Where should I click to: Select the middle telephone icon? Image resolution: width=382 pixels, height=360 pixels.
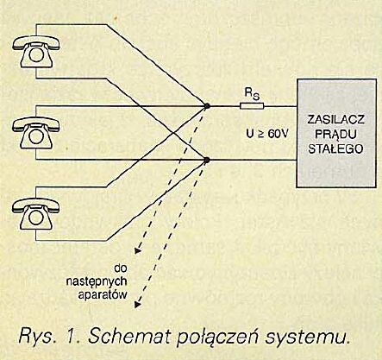36,133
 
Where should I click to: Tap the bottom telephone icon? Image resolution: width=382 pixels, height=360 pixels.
36,214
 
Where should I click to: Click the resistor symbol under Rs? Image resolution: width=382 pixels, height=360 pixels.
252,106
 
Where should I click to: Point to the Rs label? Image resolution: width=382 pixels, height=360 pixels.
252,94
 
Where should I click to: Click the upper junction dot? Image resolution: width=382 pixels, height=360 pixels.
207,106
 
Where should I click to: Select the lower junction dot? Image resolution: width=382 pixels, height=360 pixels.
206,160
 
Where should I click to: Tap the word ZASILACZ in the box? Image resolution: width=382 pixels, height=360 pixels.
336,119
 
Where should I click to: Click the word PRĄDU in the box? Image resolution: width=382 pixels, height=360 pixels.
336,135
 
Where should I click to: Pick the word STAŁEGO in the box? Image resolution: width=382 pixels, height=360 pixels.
336,149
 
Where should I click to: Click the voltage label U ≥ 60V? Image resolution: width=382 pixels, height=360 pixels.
267,134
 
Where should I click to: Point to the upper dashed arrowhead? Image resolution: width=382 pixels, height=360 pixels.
138,251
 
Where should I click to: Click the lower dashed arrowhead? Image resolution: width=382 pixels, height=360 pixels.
138,304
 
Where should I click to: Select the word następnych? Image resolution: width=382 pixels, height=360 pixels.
97,281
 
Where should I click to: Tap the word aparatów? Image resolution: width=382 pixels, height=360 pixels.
103,295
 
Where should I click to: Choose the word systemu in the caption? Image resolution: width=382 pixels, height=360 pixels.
307,338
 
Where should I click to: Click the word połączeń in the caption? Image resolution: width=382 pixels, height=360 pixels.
216,338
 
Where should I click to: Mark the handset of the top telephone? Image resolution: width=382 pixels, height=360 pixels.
36,42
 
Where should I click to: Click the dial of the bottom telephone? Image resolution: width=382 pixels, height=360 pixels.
36,218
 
